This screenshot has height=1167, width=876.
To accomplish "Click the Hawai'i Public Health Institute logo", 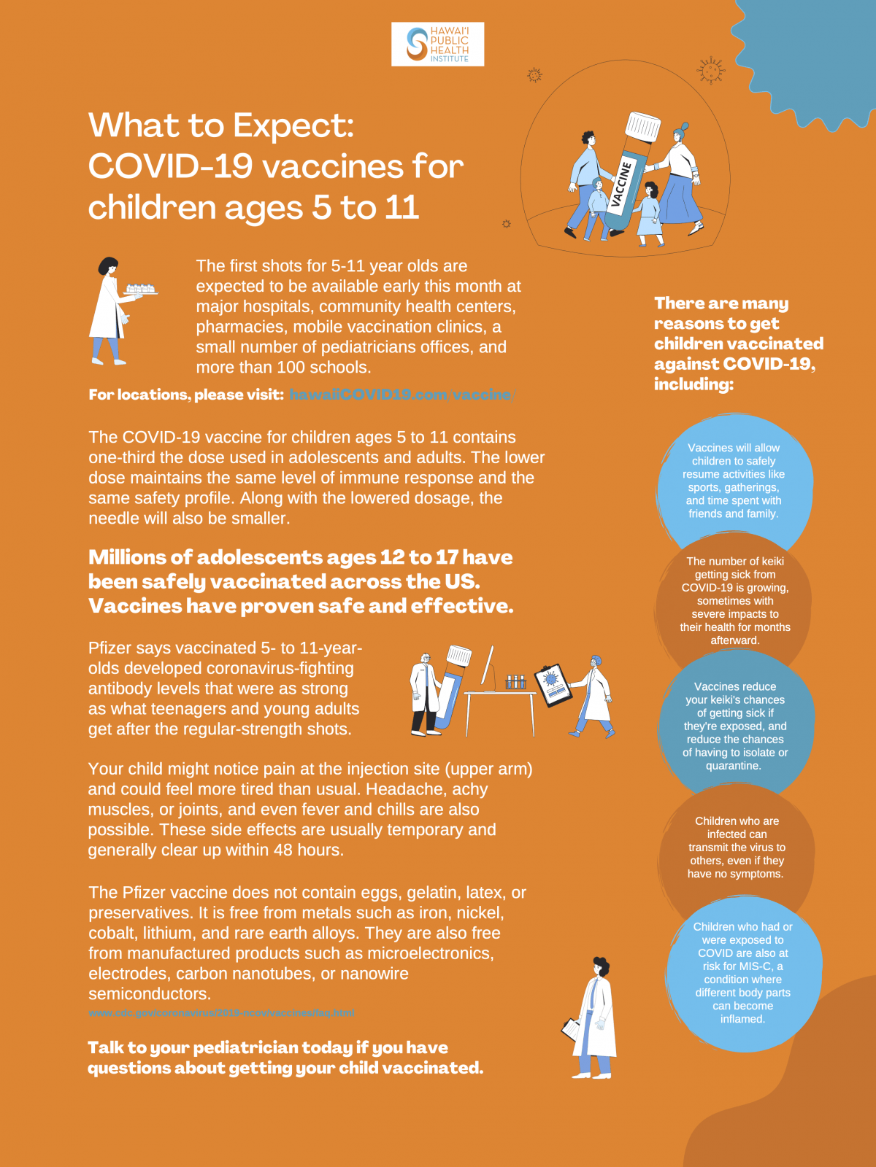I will pyautogui.click(x=437, y=44).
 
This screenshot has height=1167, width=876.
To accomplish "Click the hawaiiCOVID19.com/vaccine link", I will pyautogui.click(x=401, y=395).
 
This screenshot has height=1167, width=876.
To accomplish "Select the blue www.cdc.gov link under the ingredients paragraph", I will pyautogui.click(x=221, y=1013).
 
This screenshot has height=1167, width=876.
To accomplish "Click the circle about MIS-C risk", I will pyautogui.click(x=743, y=972).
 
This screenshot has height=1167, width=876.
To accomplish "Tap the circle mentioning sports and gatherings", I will pyautogui.click(x=734, y=481).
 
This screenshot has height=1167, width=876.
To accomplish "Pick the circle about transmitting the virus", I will pyautogui.click(x=737, y=847).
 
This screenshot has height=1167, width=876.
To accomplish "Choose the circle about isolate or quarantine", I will pyautogui.click(x=735, y=726).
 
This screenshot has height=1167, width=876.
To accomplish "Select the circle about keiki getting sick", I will pyautogui.click(x=734, y=600).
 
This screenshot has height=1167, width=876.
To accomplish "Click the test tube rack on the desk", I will pyautogui.click(x=516, y=682).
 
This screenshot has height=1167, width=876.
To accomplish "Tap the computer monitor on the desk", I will pyautogui.click(x=488, y=665).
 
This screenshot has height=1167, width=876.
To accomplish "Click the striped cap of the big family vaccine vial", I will pyautogui.click(x=643, y=128).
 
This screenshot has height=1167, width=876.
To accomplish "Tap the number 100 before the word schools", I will pyautogui.click(x=296, y=368).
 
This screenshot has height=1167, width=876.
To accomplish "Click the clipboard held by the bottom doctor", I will pyautogui.click(x=571, y=1029).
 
